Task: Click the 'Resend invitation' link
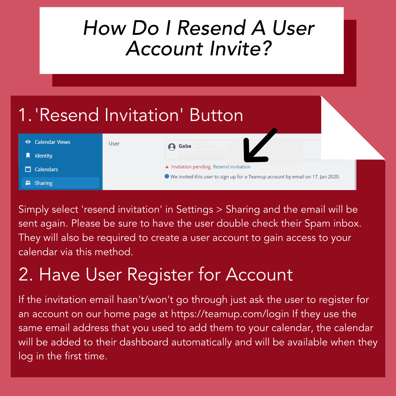[x=232, y=167]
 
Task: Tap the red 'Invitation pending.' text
[x=191, y=167]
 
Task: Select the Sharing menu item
[x=60, y=183]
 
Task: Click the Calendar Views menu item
[x=52, y=142]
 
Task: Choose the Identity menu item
[x=43, y=156]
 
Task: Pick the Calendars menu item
[x=46, y=169]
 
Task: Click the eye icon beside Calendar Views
[x=28, y=142]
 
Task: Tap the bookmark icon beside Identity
[x=28, y=155]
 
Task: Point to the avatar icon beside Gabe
[x=172, y=147]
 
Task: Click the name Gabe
[x=185, y=146]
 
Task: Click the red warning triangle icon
[x=167, y=167]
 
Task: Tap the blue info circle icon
[x=167, y=176]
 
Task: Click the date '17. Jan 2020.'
[x=326, y=177]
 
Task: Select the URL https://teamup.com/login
[x=230, y=314]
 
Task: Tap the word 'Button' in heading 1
[x=216, y=115]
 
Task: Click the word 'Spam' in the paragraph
[x=317, y=224]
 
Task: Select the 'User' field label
[x=114, y=144]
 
